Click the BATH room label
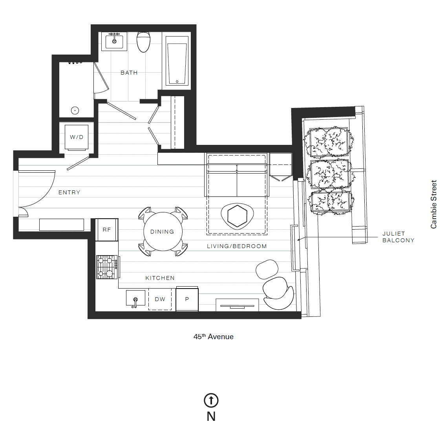[129, 73]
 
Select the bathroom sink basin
[114, 41]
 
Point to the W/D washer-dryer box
[77, 137]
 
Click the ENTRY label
[69, 192]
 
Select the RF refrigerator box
[107, 230]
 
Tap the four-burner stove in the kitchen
[107, 267]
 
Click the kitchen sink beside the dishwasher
[135, 298]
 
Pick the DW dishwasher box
[160, 299]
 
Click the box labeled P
[187, 299]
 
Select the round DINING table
[162, 232]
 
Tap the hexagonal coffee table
[237, 216]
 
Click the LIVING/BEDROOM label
[237, 246]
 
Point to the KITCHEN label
[160, 278]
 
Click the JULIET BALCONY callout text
[398, 237]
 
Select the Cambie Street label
[433, 204]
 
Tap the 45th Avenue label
[214, 336]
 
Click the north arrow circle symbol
[211, 400]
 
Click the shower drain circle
[75, 111]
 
